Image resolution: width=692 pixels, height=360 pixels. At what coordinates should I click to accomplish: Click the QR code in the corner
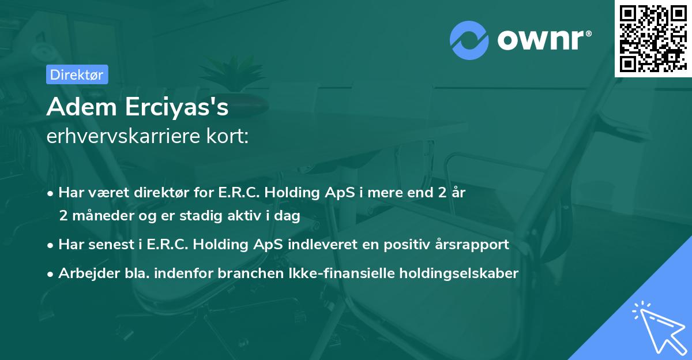click(653, 39)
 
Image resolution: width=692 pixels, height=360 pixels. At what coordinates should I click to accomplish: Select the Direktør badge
click(76, 74)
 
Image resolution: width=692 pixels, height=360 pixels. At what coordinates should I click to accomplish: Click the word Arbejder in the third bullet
click(85, 273)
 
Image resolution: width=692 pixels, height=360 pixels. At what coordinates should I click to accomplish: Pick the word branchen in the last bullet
click(243, 273)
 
